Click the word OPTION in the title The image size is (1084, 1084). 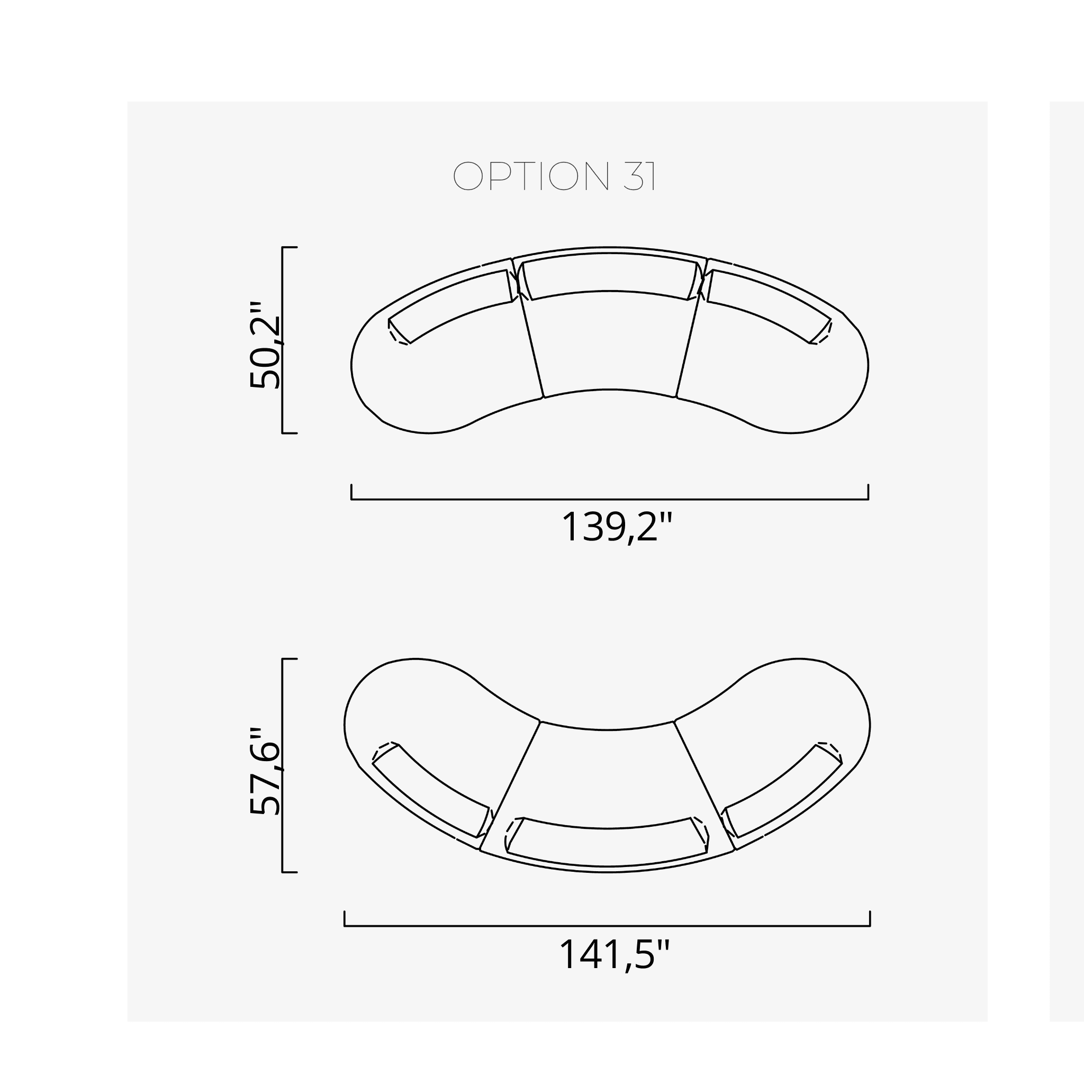click(530, 176)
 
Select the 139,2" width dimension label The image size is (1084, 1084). click(616, 527)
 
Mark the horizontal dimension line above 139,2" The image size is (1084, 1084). click(609, 499)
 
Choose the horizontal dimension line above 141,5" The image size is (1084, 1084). click(607, 926)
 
